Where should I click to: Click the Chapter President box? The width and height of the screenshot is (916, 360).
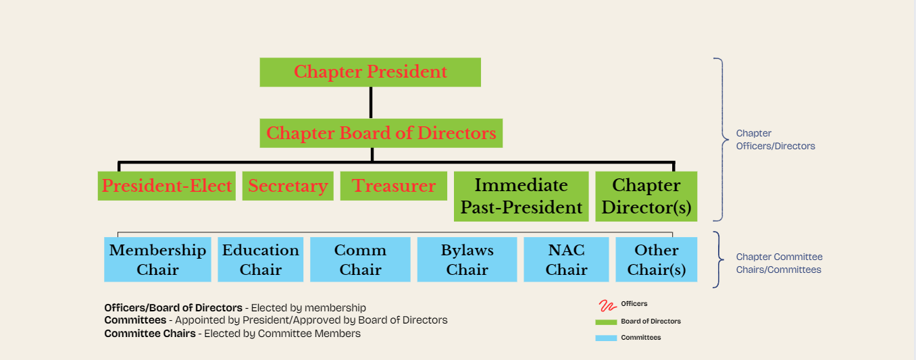[x=370, y=72]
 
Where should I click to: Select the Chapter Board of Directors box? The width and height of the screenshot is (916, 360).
[x=381, y=133]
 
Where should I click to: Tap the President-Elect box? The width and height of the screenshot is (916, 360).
[x=166, y=186]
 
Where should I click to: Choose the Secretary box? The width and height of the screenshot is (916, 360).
[x=288, y=186]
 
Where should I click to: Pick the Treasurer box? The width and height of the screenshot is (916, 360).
[x=393, y=186]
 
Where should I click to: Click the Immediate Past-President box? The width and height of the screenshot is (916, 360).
[x=521, y=197]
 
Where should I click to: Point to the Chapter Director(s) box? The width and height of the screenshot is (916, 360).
[x=646, y=197]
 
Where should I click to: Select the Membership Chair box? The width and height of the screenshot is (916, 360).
[x=157, y=259]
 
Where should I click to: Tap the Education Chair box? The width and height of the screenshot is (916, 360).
[x=261, y=259]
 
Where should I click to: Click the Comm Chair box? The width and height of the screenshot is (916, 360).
[x=360, y=259]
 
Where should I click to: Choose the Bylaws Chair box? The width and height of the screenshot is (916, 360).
[x=467, y=259]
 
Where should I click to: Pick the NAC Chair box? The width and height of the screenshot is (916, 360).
[x=566, y=259]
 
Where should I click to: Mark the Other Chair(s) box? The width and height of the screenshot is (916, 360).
[x=657, y=259]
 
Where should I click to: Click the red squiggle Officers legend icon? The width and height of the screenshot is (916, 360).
[x=608, y=305]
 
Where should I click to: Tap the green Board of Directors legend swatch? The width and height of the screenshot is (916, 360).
[x=606, y=322]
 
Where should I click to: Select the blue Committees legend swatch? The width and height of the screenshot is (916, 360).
[x=606, y=338]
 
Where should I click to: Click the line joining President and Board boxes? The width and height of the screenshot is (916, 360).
[x=371, y=103]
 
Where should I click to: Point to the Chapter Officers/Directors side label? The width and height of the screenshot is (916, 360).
[x=775, y=140]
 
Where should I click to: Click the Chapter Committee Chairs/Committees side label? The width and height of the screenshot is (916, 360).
[x=779, y=263]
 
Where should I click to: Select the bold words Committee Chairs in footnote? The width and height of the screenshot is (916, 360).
[x=150, y=334]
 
